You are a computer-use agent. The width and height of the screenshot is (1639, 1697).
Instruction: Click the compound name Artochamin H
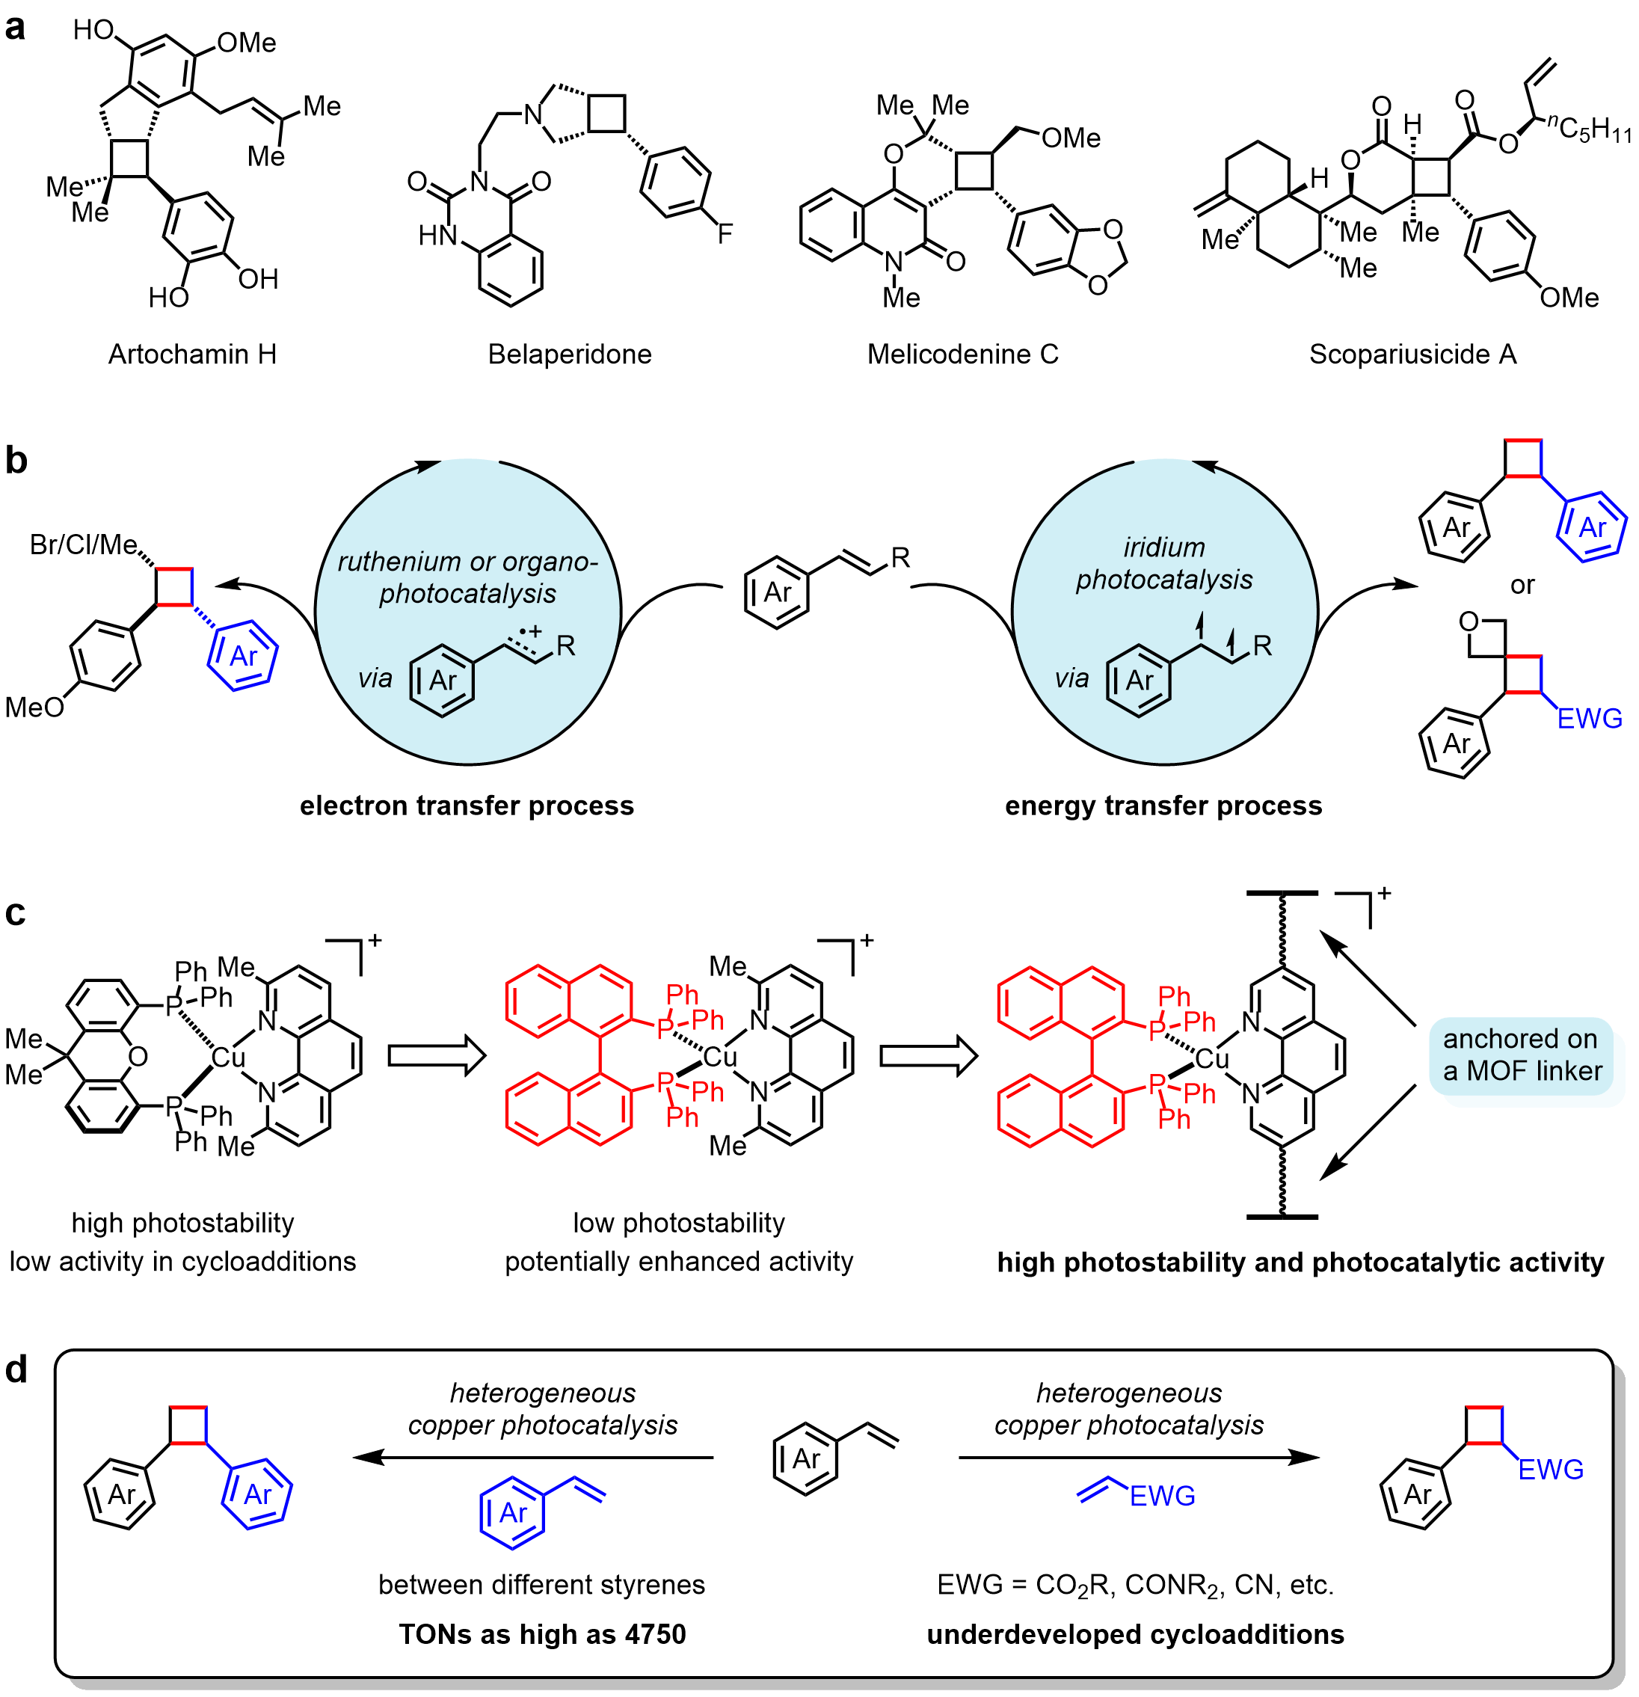pyautogui.click(x=192, y=354)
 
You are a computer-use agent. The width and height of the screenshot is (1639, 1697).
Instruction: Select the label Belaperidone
pyautogui.click(x=569, y=354)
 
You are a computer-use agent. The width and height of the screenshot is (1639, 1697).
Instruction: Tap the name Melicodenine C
pyautogui.click(x=963, y=354)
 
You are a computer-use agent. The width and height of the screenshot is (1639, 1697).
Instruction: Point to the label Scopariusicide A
pyautogui.click(x=1412, y=354)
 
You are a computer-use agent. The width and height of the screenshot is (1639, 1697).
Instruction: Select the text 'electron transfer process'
pyautogui.click(x=467, y=806)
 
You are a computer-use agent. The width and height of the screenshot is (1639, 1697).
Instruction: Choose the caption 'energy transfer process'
pyautogui.click(x=1163, y=806)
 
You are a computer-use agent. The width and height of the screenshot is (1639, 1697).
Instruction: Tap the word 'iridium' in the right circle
pyautogui.click(x=1163, y=547)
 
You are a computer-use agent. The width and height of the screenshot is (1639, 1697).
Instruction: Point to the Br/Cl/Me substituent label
pyautogui.click(x=83, y=544)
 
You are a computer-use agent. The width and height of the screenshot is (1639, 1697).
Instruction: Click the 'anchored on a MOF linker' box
pyautogui.click(x=1522, y=1055)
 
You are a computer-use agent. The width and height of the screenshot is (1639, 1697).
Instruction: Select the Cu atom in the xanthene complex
pyautogui.click(x=229, y=1057)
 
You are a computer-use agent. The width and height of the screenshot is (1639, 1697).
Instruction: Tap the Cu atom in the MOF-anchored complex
pyautogui.click(x=1211, y=1059)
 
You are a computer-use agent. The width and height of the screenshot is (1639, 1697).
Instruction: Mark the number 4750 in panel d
pyautogui.click(x=654, y=1635)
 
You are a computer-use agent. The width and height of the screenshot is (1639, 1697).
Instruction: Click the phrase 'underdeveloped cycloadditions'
pyautogui.click(x=1135, y=1635)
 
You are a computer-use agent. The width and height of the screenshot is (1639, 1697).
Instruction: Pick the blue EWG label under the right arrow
pyautogui.click(x=1162, y=1496)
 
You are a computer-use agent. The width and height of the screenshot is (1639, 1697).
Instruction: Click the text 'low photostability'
pyautogui.click(x=679, y=1223)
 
